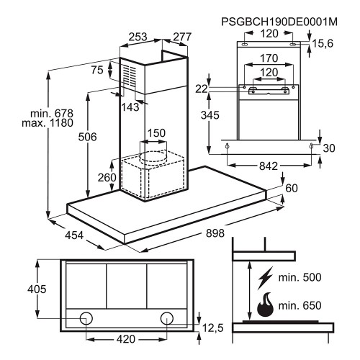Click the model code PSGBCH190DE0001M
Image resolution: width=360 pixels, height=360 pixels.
pyautogui.click(x=279, y=22)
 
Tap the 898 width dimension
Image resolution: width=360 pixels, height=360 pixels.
pyautogui.click(x=215, y=233)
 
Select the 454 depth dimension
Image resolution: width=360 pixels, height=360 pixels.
pyautogui.click(x=74, y=235)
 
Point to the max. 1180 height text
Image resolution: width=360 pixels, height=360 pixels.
pyautogui.click(x=48, y=123)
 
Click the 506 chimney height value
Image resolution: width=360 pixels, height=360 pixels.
pyautogui.click(x=87, y=137)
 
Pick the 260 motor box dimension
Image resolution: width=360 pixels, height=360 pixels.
pyautogui.click(x=107, y=177)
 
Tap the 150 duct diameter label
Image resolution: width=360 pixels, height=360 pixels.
pyautogui.click(x=156, y=133)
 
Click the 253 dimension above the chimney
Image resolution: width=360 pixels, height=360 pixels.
pyautogui.click(x=138, y=37)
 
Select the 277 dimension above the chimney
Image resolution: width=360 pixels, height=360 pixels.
pyautogui.click(x=182, y=37)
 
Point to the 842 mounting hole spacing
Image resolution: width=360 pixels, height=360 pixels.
pyautogui.click(x=269, y=166)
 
